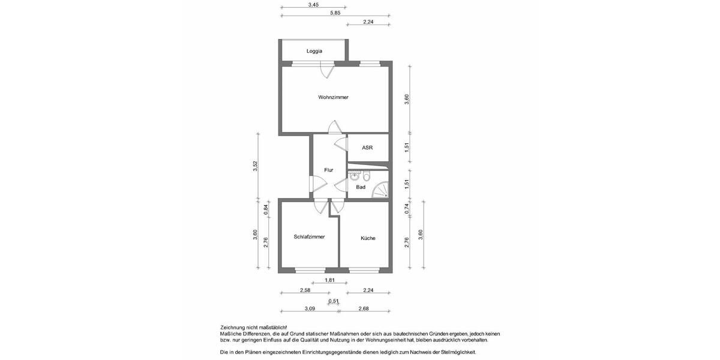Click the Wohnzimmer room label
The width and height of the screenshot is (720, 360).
coord(333,97)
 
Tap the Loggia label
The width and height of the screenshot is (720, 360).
coord(314,51)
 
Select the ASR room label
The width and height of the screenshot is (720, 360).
coord(367,148)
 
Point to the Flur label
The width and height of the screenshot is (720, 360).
coord(328,170)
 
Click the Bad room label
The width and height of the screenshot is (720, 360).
coord(361,187)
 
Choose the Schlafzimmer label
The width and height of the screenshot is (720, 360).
coord(309,237)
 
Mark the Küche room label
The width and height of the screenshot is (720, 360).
coord(368,238)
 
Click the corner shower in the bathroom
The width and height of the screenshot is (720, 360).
coord(380,191)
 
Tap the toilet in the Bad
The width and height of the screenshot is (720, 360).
coord(366,176)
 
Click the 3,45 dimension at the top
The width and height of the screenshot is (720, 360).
coord(313,5)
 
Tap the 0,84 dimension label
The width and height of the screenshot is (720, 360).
coord(266,209)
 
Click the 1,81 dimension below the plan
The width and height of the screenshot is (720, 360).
coord(329,280)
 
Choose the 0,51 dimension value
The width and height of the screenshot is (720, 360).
coord(334,301)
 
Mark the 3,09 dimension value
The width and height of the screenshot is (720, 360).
coord(310,308)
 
